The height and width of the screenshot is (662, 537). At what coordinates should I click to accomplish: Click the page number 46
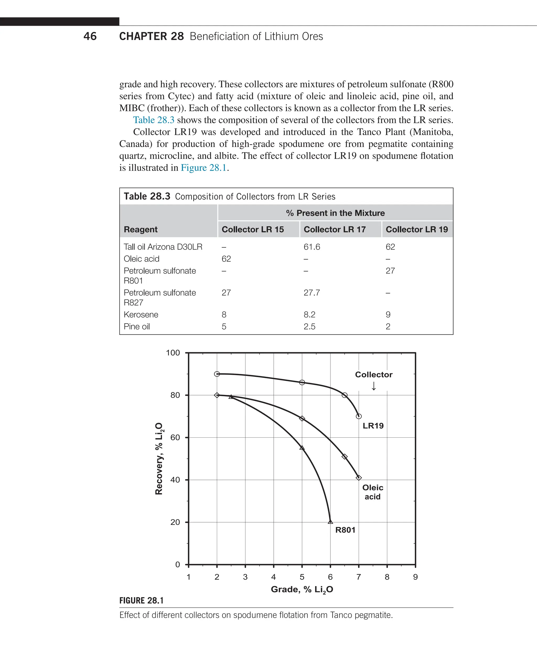point(90,36)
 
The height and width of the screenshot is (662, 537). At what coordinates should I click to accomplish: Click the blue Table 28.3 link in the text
point(153,120)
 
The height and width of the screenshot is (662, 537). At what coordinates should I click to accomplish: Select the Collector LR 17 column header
point(334,229)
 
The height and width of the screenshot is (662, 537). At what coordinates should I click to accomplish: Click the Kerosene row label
point(141,314)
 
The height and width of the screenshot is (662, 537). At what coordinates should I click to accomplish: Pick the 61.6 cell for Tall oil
point(312,247)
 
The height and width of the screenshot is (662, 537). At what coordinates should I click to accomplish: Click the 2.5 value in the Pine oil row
point(309,327)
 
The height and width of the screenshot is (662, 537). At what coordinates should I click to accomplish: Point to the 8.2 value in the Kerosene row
point(309,314)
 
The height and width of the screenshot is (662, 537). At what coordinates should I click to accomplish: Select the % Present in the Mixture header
point(335,213)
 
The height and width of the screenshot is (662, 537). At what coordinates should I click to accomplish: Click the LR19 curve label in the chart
point(373,426)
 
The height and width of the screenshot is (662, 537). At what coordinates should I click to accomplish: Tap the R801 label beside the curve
point(345,530)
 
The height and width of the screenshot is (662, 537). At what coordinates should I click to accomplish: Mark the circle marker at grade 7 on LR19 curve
point(358,416)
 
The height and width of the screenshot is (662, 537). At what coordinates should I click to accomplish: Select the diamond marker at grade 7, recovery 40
point(358,478)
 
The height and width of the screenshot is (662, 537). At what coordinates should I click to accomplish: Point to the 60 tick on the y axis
point(175,437)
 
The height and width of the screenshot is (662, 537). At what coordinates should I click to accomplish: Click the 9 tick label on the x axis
point(415,577)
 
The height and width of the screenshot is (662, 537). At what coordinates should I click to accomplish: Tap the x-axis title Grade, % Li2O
point(302,590)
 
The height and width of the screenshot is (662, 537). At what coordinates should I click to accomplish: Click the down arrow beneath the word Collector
point(374,386)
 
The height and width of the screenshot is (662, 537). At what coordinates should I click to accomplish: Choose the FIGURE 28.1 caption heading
point(141,600)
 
